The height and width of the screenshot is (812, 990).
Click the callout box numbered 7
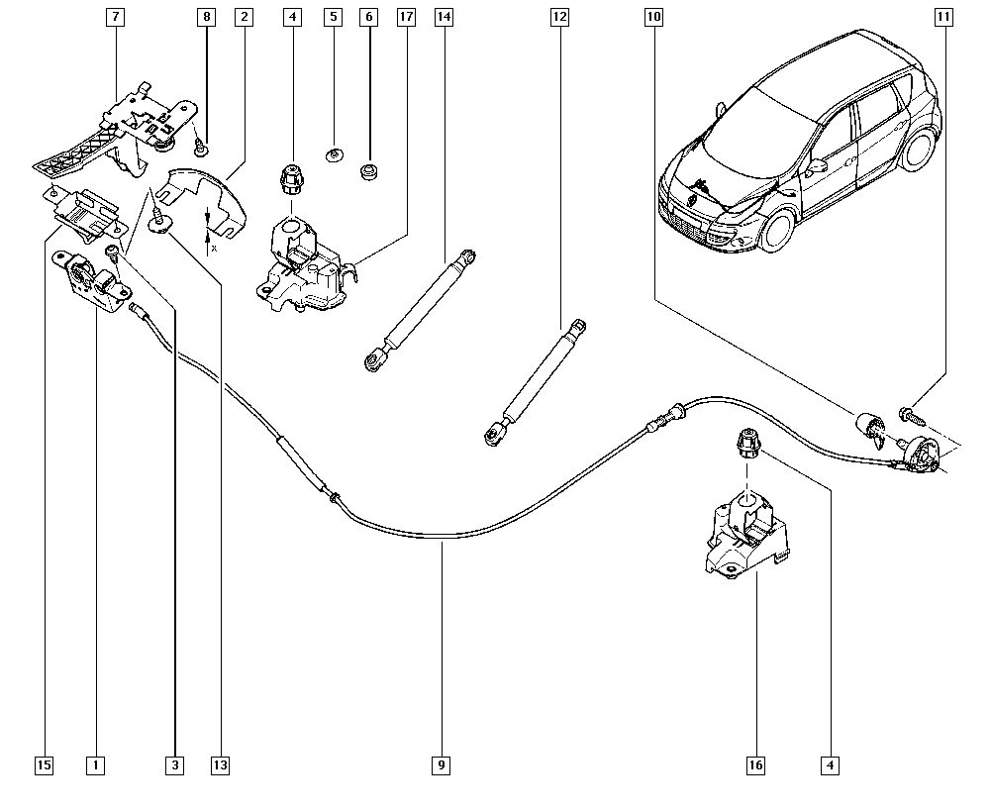(x=116, y=17)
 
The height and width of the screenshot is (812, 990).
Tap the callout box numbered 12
(x=560, y=17)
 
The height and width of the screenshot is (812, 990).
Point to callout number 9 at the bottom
(x=442, y=764)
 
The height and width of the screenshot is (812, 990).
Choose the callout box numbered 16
(x=756, y=764)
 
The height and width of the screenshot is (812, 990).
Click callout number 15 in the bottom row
(x=44, y=764)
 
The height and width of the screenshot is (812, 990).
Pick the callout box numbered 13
(x=219, y=764)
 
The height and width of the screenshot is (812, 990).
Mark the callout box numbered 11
(x=943, y=17)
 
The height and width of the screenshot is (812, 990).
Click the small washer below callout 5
(x=334, y=154)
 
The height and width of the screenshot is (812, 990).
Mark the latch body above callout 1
(x=91, y=279)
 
